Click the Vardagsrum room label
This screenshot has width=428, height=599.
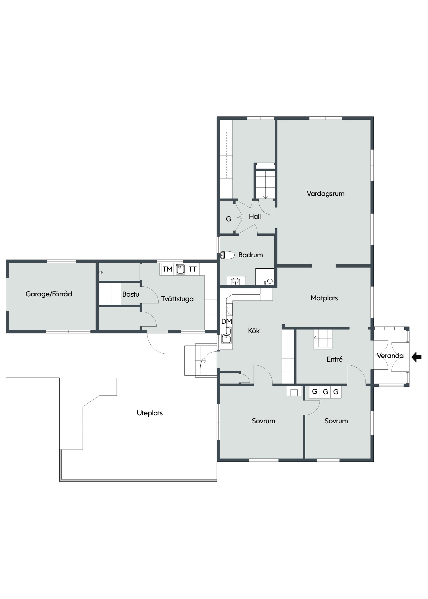[326, 194]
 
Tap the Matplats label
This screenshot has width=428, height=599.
[324, 298]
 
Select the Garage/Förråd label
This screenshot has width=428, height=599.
[49, 294]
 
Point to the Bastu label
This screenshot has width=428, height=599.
[131, 294]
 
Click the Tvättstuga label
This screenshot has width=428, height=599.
[177, 299]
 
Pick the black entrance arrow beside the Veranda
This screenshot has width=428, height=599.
[417, 357]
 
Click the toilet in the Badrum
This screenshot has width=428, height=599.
[227, 255]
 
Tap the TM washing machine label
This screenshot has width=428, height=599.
[167, 269]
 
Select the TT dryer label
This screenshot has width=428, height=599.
[193, 269]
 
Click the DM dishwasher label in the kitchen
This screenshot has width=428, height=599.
[227, 321]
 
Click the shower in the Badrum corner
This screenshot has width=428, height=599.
[265, 276]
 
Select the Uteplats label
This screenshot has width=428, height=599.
[150, 413]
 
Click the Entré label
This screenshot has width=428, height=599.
[334, 359]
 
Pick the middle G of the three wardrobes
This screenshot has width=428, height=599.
[325, 392]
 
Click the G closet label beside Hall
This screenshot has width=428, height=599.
[229, 219]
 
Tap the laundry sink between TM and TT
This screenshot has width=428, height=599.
[180, 269]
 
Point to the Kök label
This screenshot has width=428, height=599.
[254, 331]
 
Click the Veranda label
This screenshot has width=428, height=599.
[390, 356]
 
